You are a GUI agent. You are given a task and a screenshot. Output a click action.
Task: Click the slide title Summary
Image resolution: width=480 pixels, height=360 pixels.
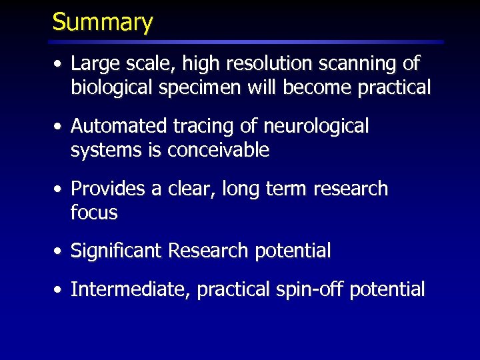pos(103,22)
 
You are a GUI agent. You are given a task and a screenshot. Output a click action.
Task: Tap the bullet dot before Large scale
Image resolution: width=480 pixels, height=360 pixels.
pos(60,65)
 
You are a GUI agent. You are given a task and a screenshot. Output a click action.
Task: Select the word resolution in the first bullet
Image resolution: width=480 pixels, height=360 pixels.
pos(259,64)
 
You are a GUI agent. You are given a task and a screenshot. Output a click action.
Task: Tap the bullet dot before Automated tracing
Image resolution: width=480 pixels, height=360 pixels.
pos(60,127)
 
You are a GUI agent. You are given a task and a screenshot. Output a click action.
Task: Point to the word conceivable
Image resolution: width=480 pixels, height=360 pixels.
pos(218,150)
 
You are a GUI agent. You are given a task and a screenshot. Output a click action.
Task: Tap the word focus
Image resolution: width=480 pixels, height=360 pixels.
pos(94,213)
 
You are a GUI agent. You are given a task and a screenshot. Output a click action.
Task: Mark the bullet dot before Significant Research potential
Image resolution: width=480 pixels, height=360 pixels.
pos(60,252)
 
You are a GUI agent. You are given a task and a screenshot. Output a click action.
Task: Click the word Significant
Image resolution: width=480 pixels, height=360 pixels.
pos(117,251)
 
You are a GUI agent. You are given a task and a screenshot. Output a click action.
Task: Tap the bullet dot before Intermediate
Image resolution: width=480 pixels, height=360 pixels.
pos(60,291)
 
